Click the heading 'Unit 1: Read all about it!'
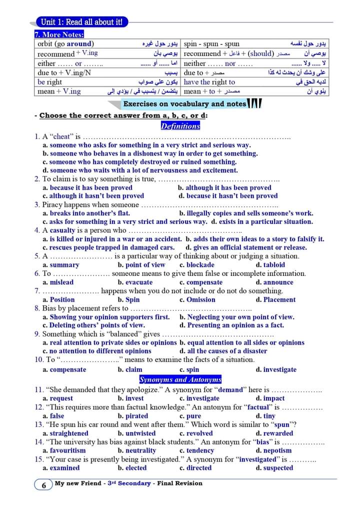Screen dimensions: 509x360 click(x=81, y=21)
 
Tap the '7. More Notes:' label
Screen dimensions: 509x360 click(x=59, y=34)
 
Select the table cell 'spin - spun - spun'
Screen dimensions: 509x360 click(x=212, y=44)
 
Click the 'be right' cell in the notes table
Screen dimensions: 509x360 click(x=50, y=82)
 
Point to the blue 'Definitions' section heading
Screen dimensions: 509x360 click(x=180, y=126)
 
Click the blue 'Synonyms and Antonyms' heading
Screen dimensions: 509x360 click(x=180, y=379)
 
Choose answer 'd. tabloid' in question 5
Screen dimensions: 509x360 click(x=270, y=265)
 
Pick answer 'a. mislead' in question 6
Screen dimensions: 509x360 click(x=58, y=282)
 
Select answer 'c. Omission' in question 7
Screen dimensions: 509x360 click(x=197, y=299)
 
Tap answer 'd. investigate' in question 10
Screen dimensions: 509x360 click(x=276, y=369)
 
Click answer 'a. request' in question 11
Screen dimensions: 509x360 click(x=58, y=398)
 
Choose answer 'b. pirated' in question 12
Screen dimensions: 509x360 click(x=133, y=416)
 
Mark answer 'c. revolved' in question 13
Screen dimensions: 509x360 click(x=196, y=433)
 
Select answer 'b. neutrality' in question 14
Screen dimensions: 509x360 click(x=137, y=450)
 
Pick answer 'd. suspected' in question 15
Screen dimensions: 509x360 click(x=274, y=468)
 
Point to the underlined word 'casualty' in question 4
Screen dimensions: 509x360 click(x=62, y=230)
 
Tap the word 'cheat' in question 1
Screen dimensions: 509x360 click(x=61, y=136)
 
